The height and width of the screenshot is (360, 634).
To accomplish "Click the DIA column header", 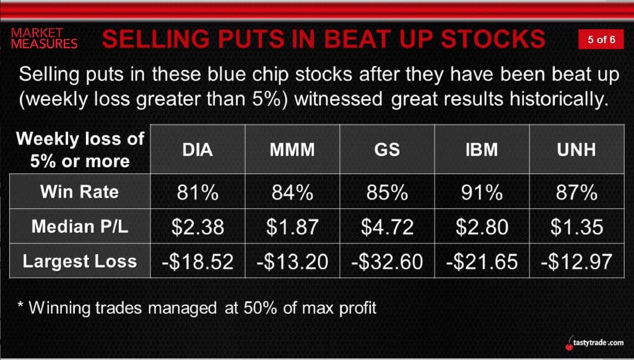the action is pos(198,150).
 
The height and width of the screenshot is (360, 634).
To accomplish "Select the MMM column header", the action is pos(292,150).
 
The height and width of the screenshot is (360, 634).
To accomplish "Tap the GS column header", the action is pos(387,150).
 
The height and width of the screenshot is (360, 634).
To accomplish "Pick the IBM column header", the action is pos(482,150).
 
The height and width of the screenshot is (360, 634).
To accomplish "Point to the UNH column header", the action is pos(576,150).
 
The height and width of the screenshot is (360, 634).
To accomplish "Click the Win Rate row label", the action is pos(80,191).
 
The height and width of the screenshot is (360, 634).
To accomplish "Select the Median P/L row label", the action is pos(80,227).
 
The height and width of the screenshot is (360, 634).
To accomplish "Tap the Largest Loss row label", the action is pos(80,261).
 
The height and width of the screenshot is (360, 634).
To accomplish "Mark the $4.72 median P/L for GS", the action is pos(387,227).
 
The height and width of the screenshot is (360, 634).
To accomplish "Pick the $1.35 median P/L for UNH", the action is pos(576,227).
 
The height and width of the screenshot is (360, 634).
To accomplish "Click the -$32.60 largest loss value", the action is pos(387,261).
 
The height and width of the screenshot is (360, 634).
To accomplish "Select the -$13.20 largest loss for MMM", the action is pos(292,261).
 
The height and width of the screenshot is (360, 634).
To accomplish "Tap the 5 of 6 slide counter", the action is pos(601,39).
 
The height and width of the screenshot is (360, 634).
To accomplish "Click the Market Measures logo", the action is pos(44,38).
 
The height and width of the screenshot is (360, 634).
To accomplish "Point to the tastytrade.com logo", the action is pos(595,343).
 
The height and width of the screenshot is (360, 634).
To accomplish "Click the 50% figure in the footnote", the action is pos(261,308).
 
